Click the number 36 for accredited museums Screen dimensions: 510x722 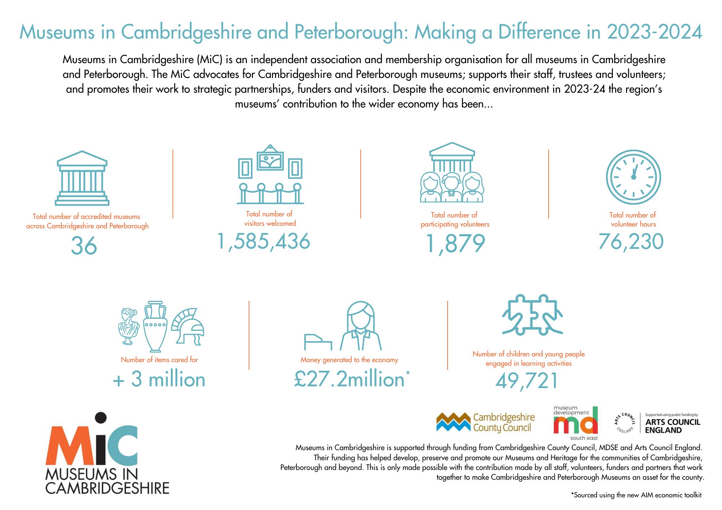pos(84,246)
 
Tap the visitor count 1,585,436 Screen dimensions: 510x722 pos(264,241)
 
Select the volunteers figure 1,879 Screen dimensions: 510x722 pos(455,243)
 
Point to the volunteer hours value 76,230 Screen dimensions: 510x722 pos(631,241)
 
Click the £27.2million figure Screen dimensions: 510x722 pos(349,379)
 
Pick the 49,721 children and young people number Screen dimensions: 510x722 pos(527,381)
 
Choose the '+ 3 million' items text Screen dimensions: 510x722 pos(159,379)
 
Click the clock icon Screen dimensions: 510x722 pos(633,177)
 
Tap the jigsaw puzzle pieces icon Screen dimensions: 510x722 pos(532,314)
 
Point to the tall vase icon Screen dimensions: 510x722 pos(155,326)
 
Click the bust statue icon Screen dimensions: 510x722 pos(129,326)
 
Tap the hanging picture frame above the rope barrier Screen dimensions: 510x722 pos(270,158)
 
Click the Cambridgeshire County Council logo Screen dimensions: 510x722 pos(486,422)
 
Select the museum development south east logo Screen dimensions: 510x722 pos(575,423)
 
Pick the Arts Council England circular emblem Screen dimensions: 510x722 pos(625,423)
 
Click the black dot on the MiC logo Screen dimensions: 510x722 pos(101,418)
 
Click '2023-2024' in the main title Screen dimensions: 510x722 pos(654,32)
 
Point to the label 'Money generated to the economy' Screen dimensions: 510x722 pos(349,360)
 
